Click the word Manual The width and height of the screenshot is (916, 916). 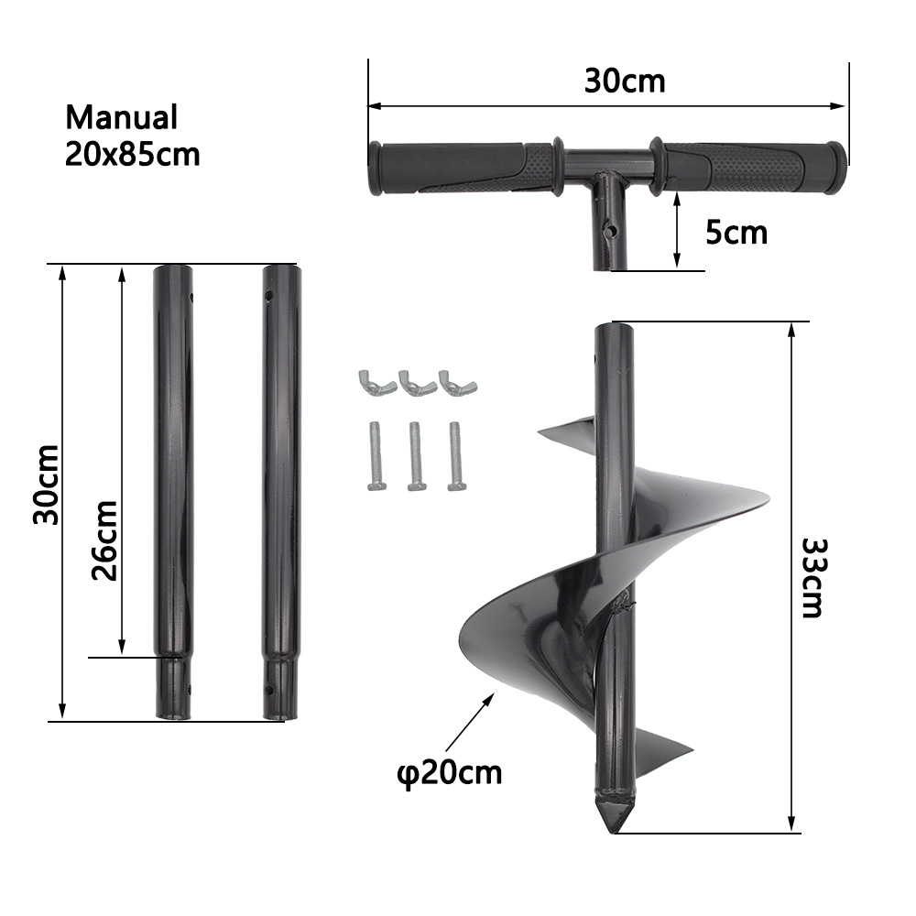pyautogui.click(x=121, y=117)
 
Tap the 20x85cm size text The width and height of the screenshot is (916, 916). pyautogui.click(x=133, y=153)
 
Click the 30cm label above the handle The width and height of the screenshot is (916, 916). pyautogui.click(x=625, y=81)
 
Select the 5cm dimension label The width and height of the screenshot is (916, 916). pyautogui.click(x=736, y=233)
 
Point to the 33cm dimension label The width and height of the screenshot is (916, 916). pyautogui.click(x=812, y=577)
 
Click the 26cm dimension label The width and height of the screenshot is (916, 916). pyautogui.click(x=104, y=541)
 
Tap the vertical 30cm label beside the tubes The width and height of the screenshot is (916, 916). pyautogui.click(x=46, y=485)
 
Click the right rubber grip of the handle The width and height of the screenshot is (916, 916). pyautogui.click(x=747, y=167)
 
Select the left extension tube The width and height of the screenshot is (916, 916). pyautogui.click(x=173, y=485)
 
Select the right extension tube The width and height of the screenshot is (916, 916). pyautogui.click(x=280, y=485)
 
